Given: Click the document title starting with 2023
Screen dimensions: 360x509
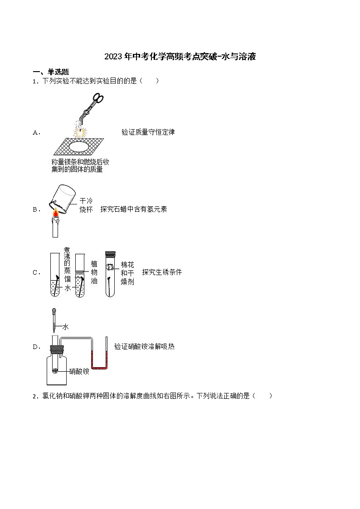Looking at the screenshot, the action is coord(180,57).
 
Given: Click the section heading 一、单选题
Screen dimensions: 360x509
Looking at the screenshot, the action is coord(51,72).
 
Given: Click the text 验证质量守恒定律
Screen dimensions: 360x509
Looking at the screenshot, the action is coord(148,132).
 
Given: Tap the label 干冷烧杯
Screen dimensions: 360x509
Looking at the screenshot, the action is coord(86,205).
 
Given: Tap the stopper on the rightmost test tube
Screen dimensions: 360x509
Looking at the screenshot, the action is coord(111,254).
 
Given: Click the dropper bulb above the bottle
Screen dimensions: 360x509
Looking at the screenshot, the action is coord(54,312).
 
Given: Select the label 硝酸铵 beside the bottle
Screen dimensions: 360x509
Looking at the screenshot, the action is coord(79,371).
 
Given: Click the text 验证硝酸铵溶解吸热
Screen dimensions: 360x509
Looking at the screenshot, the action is coord(144,347).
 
